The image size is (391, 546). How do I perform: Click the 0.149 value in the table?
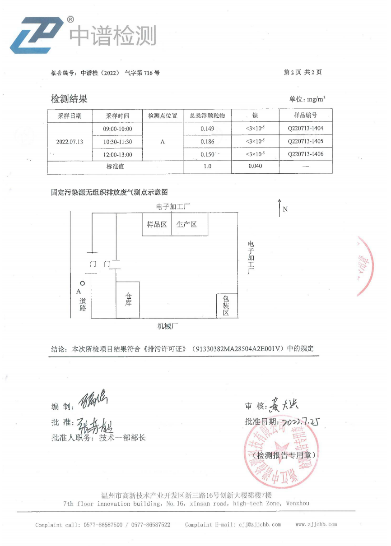coord(207,129)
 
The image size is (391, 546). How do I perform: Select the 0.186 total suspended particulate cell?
coord(207,142)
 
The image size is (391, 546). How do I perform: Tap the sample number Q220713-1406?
coord(306,154)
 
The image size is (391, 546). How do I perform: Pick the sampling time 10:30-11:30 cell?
coord(117,142)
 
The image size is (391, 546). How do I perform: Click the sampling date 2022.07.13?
coord(70,142)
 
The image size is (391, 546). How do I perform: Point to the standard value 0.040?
coord(255,166)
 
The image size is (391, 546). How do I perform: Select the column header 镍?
coord(255,116)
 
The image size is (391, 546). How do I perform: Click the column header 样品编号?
coord(306,116)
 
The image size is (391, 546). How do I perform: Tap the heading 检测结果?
coord(69,99)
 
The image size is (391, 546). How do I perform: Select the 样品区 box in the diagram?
coord(157,224)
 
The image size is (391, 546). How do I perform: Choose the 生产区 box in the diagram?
coord(186,224)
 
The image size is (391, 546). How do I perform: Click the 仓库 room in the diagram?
coord(128,300)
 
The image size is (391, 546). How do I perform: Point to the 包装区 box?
coord(226,305)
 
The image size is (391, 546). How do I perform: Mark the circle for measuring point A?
coord(82,283)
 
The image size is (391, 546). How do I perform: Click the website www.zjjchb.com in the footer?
coord(317,524)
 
